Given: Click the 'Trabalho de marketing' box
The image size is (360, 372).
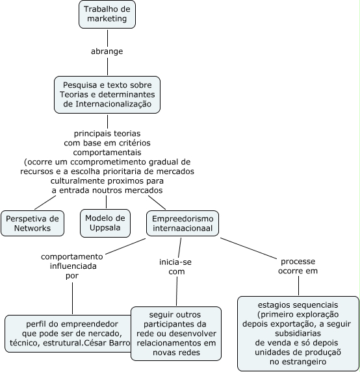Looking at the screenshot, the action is click(x=107, y=14).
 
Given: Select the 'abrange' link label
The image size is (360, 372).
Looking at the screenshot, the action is click(x=107, y=51).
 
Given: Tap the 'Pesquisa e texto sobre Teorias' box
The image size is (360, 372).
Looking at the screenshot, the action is click(x=107, y=95).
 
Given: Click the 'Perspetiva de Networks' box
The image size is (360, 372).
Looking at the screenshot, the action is click(x=32, y=223).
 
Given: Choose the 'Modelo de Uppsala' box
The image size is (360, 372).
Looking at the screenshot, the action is click(x=105, y=223).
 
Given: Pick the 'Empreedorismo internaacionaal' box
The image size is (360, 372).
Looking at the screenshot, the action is click(x=183, y=223).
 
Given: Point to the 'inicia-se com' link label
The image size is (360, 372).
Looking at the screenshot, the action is click(x=175, y=267).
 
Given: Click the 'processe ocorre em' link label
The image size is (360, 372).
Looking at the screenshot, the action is click(x=298, y=266).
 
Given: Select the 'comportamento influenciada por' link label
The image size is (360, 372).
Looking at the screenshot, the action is click(x=72, y=266).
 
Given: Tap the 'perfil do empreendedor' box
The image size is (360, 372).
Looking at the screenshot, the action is click(x=68, y=334).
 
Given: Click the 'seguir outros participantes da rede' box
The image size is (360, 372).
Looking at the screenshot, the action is click(x=176, y=334).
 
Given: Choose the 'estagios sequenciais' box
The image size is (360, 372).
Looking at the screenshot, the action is click(x=298, y=333).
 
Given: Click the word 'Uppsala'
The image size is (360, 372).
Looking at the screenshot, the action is click(x=105, y=228).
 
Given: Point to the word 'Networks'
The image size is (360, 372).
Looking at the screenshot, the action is click(x=32, y=229).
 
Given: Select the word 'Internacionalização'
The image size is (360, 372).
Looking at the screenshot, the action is click(x=114, y=104).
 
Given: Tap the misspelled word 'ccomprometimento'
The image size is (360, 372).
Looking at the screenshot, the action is click(x=108, y=162).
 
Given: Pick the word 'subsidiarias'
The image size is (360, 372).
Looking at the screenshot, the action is click(x=298, y=334).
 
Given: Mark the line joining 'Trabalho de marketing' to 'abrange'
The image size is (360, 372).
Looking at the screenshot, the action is click(x=108, y=38).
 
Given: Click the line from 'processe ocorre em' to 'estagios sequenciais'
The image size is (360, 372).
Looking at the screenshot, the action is click(x=298, y=286).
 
